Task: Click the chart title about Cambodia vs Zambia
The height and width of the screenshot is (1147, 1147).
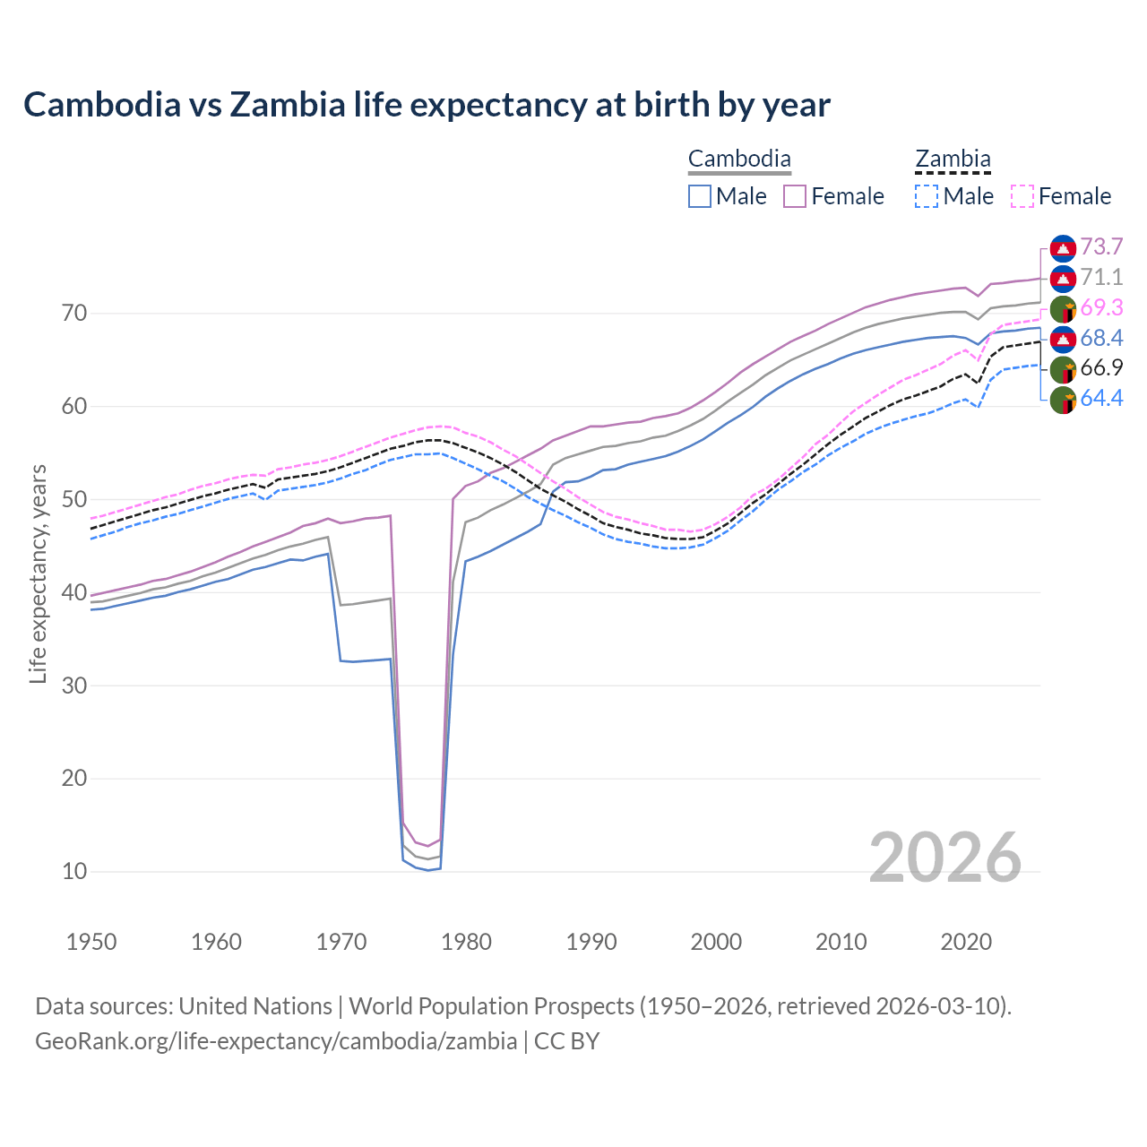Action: (x=427, y=105)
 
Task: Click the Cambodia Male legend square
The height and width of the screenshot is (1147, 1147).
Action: (x=700, y=196)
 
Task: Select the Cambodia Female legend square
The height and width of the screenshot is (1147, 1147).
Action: (x=795, y=196)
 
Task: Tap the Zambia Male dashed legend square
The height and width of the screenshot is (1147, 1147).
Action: (x=927, y=196)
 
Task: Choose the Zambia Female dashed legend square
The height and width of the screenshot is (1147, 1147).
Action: (x=1022, y=196)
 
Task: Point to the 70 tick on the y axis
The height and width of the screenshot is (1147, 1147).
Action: (x=74, y=314)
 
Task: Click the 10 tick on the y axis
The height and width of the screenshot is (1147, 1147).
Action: (x=74, y=871)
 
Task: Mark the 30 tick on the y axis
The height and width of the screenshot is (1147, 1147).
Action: (x=74, y=686)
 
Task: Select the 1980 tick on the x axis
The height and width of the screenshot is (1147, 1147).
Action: (x=467, y=942)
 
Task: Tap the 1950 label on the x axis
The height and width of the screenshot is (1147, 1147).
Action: (x=91, y=942)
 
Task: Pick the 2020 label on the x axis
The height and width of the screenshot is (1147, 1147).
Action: (x=966, y=942)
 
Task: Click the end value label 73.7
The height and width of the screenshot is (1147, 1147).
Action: (x=1101, y=247)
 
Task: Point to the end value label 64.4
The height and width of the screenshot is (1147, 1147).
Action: (x=1101, y=399)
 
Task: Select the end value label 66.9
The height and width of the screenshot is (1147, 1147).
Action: (x=1101, y=368)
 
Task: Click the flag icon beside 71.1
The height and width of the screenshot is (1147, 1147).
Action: (x=1063, y=279)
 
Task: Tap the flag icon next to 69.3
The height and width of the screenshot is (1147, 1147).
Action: (x=1063, y=309)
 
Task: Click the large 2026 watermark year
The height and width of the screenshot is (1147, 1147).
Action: (x=945, y=858)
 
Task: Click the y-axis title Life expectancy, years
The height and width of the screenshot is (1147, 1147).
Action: (x=39, y=573)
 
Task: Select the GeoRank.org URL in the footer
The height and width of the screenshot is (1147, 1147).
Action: (x=276, y=1041)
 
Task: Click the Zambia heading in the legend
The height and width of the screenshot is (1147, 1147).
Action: (x=953, y=160)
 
